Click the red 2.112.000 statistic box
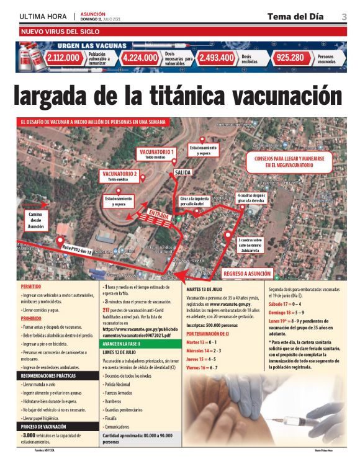(63, 58)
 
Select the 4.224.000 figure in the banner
(140, 58)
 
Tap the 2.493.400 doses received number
(217, 58)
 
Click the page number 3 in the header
(344, 16)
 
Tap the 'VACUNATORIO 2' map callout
(120, 176)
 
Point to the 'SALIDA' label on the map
(182, 172)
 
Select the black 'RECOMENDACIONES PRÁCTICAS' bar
(56, 376)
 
